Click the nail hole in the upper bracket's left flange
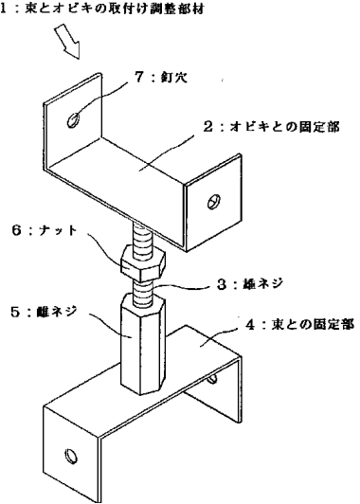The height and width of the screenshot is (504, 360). point(74,121)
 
